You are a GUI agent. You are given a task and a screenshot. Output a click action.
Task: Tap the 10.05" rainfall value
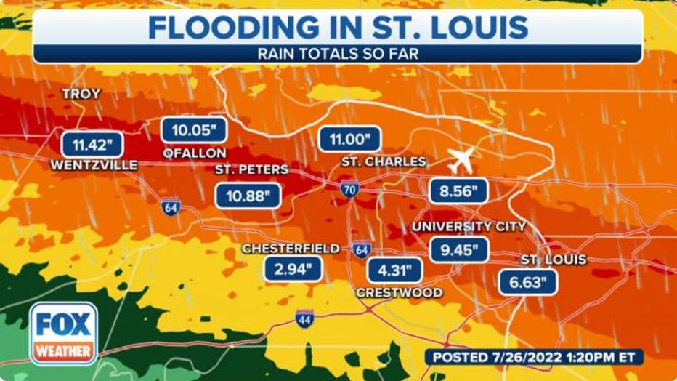[194, 130]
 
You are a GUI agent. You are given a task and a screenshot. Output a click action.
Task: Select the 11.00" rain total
[349, 138]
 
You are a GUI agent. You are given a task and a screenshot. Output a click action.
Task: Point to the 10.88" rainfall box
[248, 194]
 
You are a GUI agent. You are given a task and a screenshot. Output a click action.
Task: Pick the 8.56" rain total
[458, 191]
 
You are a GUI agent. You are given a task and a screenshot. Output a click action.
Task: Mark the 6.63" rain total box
[528, 281]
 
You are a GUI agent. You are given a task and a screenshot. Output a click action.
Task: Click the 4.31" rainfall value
[394, 270]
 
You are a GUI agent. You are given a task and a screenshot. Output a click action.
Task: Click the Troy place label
[81, 95]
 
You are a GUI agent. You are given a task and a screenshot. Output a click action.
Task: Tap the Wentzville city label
[94, 165]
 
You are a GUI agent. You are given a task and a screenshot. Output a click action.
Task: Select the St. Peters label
[251, 169]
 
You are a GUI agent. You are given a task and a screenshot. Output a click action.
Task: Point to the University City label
[469, 227]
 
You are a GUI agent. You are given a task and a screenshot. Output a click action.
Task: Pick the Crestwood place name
[399, 292]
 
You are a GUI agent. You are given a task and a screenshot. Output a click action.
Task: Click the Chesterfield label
[291, 249]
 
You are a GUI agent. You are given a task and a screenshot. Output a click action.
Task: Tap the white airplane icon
[461, 159]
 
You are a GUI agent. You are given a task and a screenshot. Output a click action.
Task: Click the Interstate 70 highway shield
[349, 190]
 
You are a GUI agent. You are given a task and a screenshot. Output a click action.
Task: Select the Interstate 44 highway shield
[304, 318]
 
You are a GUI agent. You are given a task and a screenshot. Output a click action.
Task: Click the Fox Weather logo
[63, 332]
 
